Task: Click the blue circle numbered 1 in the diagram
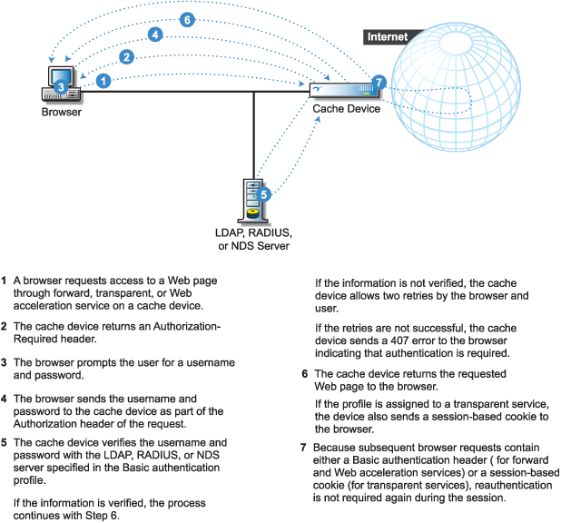(x=104, y=81)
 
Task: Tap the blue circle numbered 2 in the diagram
(x=127, y=56)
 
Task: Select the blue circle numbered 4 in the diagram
(x=156, y=35)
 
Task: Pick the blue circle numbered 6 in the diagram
(x=187, y=19)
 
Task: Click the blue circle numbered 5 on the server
(x=264, y=192)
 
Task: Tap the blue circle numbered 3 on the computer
(x=60, y=86)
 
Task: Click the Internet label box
(x=387, y=37)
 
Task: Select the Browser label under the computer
(x=62, y=113)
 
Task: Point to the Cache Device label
(x=346, y=108)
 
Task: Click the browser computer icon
(x=60, y=84)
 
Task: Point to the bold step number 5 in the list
(x=5, y=443)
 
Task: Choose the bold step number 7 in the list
(x=303, y=448)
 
